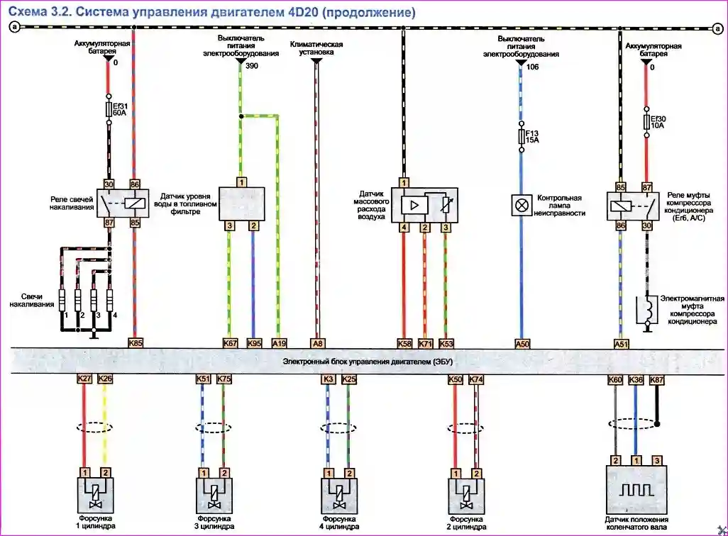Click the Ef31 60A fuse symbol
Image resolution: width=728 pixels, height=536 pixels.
point(109,109)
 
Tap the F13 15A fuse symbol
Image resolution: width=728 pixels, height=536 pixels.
point(522,136)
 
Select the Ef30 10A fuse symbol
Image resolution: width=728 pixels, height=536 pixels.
point(646,122)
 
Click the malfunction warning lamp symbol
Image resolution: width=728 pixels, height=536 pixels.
point(522,206)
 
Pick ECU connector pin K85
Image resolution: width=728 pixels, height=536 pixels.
point(136,343)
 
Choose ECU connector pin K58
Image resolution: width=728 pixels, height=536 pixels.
point(404,343)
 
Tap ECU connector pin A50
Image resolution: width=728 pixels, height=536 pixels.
point(522,343)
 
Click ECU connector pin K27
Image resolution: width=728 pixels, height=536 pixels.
point(84,379)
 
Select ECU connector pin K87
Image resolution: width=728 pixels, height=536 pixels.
point(657,379)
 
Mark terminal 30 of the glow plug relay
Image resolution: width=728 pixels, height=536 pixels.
point(109,183)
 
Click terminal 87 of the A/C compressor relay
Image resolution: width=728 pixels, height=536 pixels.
point(646,187)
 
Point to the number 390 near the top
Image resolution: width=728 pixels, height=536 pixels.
point(252,65)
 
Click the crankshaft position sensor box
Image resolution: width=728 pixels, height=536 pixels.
point(636,490)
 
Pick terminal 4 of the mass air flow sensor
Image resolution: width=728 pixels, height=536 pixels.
point(404,227)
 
